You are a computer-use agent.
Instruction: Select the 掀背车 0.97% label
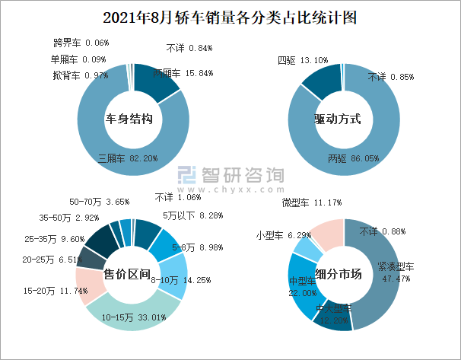(x=80, y=75)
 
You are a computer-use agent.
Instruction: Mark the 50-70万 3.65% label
(x=100, y=202)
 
